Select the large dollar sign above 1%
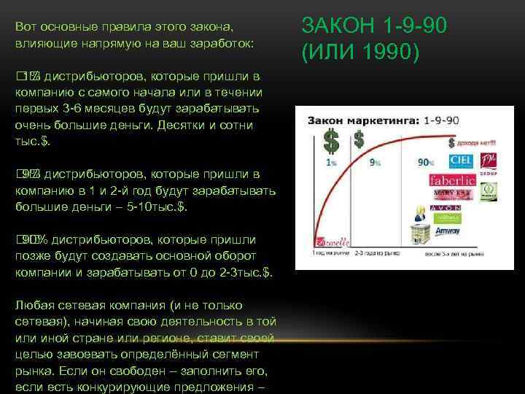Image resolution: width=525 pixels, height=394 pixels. point(332,139)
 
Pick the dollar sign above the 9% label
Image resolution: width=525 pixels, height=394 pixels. point(359,139)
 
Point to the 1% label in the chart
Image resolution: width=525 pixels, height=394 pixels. point(332,163)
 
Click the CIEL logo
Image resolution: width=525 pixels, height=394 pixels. point(462,161)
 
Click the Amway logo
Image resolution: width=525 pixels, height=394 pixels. point(447,231)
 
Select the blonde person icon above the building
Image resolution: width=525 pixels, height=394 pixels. point(421,212)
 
